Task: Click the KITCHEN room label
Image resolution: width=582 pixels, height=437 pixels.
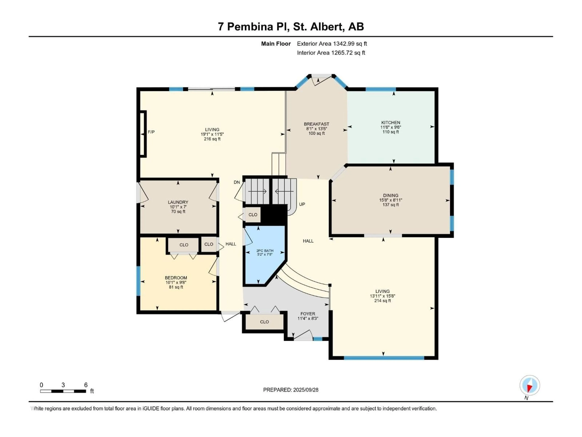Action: tap(391, 122)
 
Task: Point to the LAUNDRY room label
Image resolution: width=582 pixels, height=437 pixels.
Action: tap(178, 202)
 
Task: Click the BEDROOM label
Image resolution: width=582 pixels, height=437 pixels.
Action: tap(176, 278)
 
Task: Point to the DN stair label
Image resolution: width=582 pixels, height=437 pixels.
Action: tap(237, 182)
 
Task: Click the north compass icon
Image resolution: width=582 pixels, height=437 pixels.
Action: tap(530, 385)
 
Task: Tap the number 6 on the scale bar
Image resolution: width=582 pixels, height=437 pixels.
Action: tap(86, 385)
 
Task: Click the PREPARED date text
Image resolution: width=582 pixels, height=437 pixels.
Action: tap(291, 390)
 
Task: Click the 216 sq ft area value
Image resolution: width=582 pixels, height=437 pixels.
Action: tap(212, 139)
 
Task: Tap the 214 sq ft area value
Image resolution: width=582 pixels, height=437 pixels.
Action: tap(383, 301)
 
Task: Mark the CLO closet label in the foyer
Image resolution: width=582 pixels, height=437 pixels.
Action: tap(264, 322)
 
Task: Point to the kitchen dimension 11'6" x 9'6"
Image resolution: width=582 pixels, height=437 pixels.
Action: tap(391, 127)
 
